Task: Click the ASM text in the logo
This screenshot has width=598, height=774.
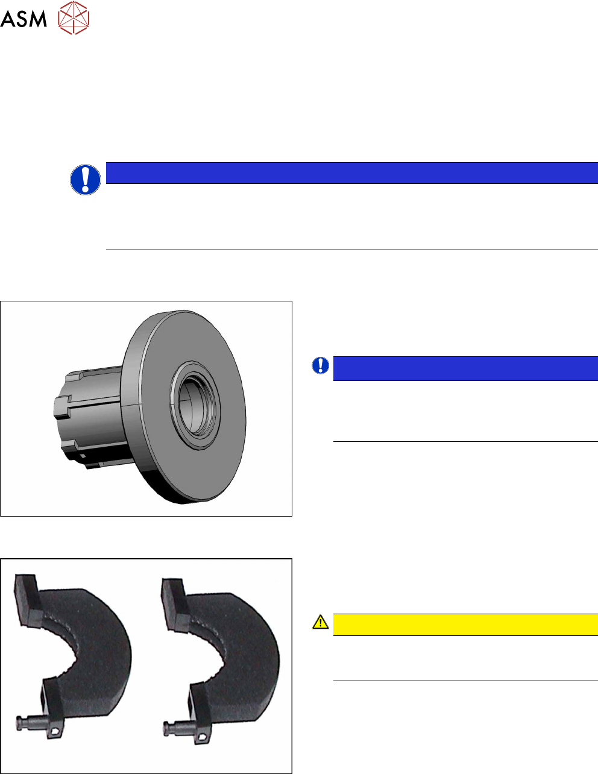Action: [x=24, y=19]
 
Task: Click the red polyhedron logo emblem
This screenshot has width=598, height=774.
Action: [x=74, y=18]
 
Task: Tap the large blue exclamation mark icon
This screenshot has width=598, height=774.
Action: [x=86, y=180]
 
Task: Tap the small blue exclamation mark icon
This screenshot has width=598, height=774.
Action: [x=321, y=365]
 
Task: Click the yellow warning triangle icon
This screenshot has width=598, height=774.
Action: [x=321, y=621]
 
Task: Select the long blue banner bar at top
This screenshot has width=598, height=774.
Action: [x=352, y=173]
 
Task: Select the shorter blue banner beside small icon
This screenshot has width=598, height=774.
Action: [x=465, y=368]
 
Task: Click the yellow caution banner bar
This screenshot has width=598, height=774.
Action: [x=465, y=625]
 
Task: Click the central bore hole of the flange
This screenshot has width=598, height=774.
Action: [x=195, y=406]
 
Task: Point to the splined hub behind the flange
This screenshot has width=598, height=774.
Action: [x=89, y=417]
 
